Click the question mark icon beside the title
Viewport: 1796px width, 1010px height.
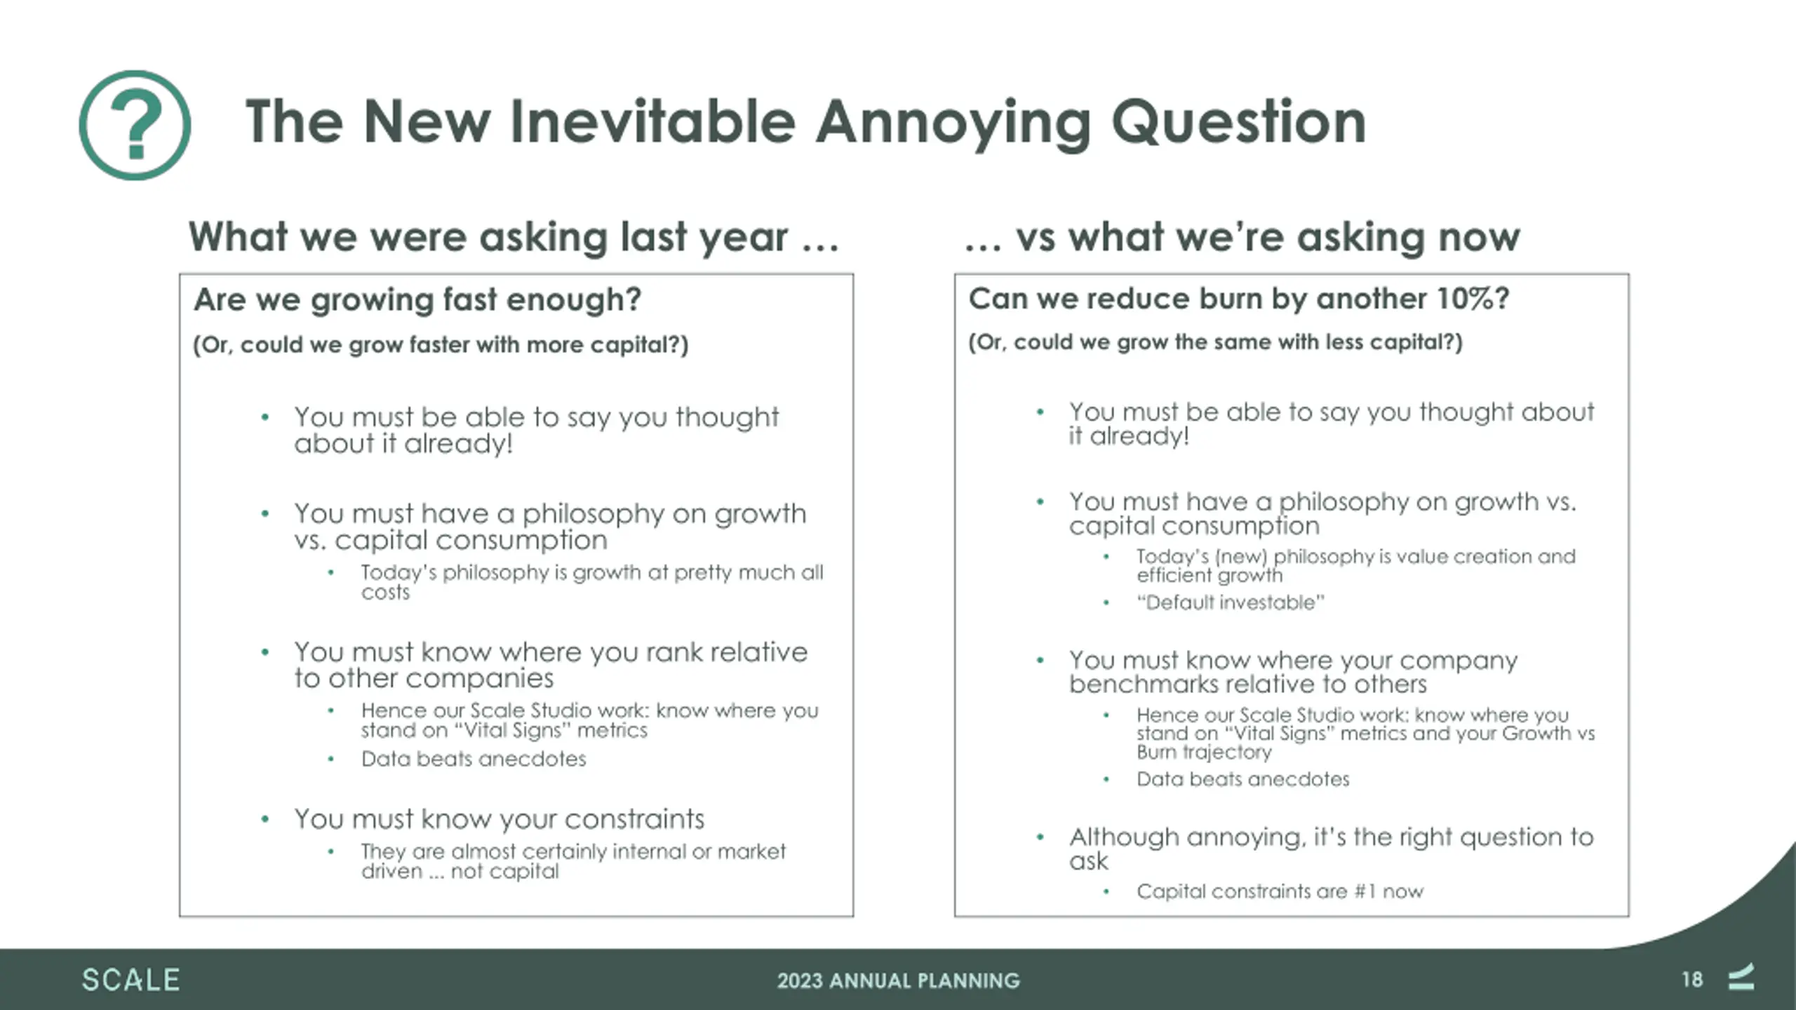coord(135,126)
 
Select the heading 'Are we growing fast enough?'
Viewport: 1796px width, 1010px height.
coord(417,300)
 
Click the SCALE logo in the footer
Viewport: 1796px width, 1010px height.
coord(131,980)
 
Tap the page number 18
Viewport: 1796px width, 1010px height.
coord(1691,980)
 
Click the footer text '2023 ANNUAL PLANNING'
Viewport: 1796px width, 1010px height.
coord(898,981)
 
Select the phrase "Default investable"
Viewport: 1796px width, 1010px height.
coord(1231,602)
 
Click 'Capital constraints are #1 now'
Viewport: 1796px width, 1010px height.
coord(1280,891)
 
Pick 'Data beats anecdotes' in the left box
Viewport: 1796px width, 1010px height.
coord(474,759)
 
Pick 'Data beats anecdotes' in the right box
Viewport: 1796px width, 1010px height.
coord(1242,779)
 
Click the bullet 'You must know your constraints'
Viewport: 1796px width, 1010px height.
coord(499,819)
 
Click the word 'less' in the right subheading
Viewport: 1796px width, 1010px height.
coord(1345,342)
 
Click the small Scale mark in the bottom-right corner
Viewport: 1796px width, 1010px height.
coord(1741,978)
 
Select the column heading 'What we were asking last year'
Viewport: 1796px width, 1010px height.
coord(488,237)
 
